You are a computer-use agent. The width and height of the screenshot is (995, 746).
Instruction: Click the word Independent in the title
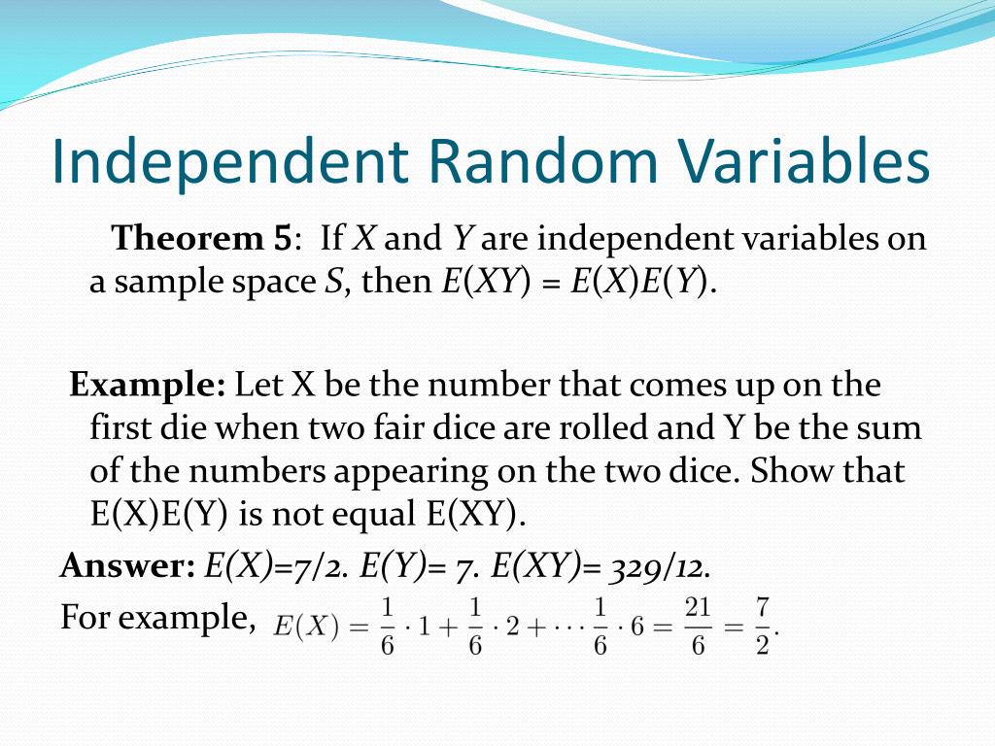click(x=229, y=161)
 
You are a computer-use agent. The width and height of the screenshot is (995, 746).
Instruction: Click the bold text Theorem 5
click(x=202, y=238)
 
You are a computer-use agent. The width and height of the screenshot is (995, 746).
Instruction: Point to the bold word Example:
click(x=148, y=385)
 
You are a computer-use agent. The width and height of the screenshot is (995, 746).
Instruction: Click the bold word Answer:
click(x=127, y=565)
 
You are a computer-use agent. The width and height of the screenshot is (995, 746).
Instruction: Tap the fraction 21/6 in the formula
click(x=698, y=627)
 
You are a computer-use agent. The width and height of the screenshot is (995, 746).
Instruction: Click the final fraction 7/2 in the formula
click(x=762, y=627)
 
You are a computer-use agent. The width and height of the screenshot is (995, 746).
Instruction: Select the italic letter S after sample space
click(x=333, y=282)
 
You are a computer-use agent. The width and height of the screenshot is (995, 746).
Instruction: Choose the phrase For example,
click(x=157, y=617)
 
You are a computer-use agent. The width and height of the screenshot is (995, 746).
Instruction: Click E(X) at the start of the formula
click(x=306, y=627)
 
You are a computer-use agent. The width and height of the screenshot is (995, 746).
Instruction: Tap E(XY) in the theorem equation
click(x=486, y=282)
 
